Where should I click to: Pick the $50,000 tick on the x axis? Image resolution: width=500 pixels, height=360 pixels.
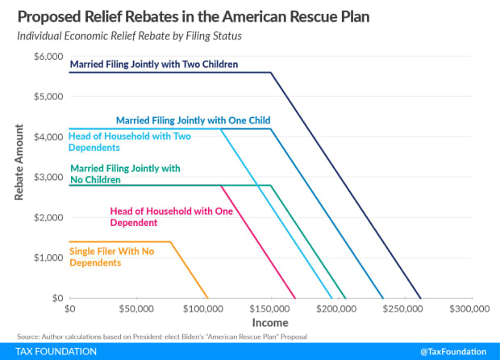[135, 309]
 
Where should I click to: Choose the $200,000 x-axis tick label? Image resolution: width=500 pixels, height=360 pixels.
[335, 309]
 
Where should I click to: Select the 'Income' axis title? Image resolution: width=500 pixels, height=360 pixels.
[268, 323]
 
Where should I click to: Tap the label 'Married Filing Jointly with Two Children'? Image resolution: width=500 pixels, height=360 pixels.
[153, 64]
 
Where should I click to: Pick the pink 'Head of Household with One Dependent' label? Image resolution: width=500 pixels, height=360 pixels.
[171, 217]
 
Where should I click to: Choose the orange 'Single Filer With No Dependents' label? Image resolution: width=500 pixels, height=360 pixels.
[111, 257]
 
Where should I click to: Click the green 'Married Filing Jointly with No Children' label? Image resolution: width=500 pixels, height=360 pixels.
[124, 174]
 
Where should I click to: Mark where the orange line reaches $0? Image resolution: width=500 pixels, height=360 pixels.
[208, 298]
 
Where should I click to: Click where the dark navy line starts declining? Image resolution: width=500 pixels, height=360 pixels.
[270, 73]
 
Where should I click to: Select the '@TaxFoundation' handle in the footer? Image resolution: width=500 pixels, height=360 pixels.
[453, 352]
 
